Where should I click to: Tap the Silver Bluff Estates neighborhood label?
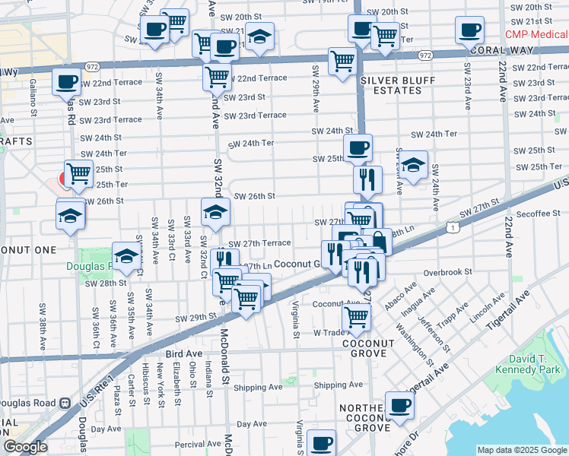(x=391, y=85)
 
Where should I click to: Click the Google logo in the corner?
(x=25, y=447)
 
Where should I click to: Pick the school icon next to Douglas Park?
(x=126, y=255)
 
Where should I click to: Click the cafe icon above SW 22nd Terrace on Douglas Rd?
(x=66, y=80)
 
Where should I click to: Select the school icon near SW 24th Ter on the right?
(x=413, y=165)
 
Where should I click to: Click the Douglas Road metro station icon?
(x=66, y=403)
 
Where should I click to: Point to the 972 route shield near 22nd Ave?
(x=425, y=55)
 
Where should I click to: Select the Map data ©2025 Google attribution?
(x=521, y=450)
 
